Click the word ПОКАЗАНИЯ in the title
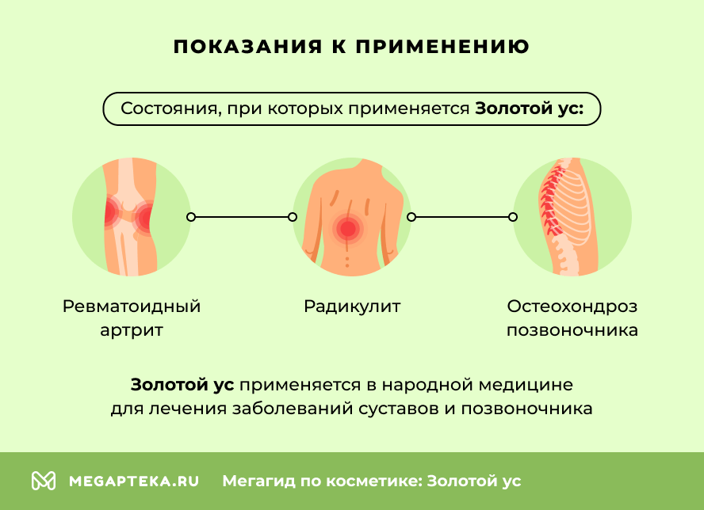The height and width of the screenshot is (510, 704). click(x=238, y=47)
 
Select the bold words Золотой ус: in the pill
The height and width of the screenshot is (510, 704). click(x=529, y=108)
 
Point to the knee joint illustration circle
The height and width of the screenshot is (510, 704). click(x=132, y=216)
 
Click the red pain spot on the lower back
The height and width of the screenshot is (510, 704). click(x=347, y=229)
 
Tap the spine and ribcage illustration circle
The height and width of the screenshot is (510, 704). click(x=572, y=216)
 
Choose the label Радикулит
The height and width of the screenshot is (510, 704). click(x=352, y=306)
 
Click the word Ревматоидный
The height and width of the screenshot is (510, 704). click(x=132, y=306)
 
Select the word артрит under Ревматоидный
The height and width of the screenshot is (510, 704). click(x=132, y=330)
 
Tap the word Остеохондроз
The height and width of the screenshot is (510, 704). click(x=572, y=306)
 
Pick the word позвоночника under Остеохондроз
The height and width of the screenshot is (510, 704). click(x=572, y=330)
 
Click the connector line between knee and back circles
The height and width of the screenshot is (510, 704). click(x=241, y=216)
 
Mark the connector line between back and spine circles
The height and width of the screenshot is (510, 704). click(x=461, y=216)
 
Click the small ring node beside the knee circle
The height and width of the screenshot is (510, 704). click(x=190, y=216)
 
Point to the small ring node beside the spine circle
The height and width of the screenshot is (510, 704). click(x=513, y=216)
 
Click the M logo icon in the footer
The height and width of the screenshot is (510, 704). click(x=44, y=481)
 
